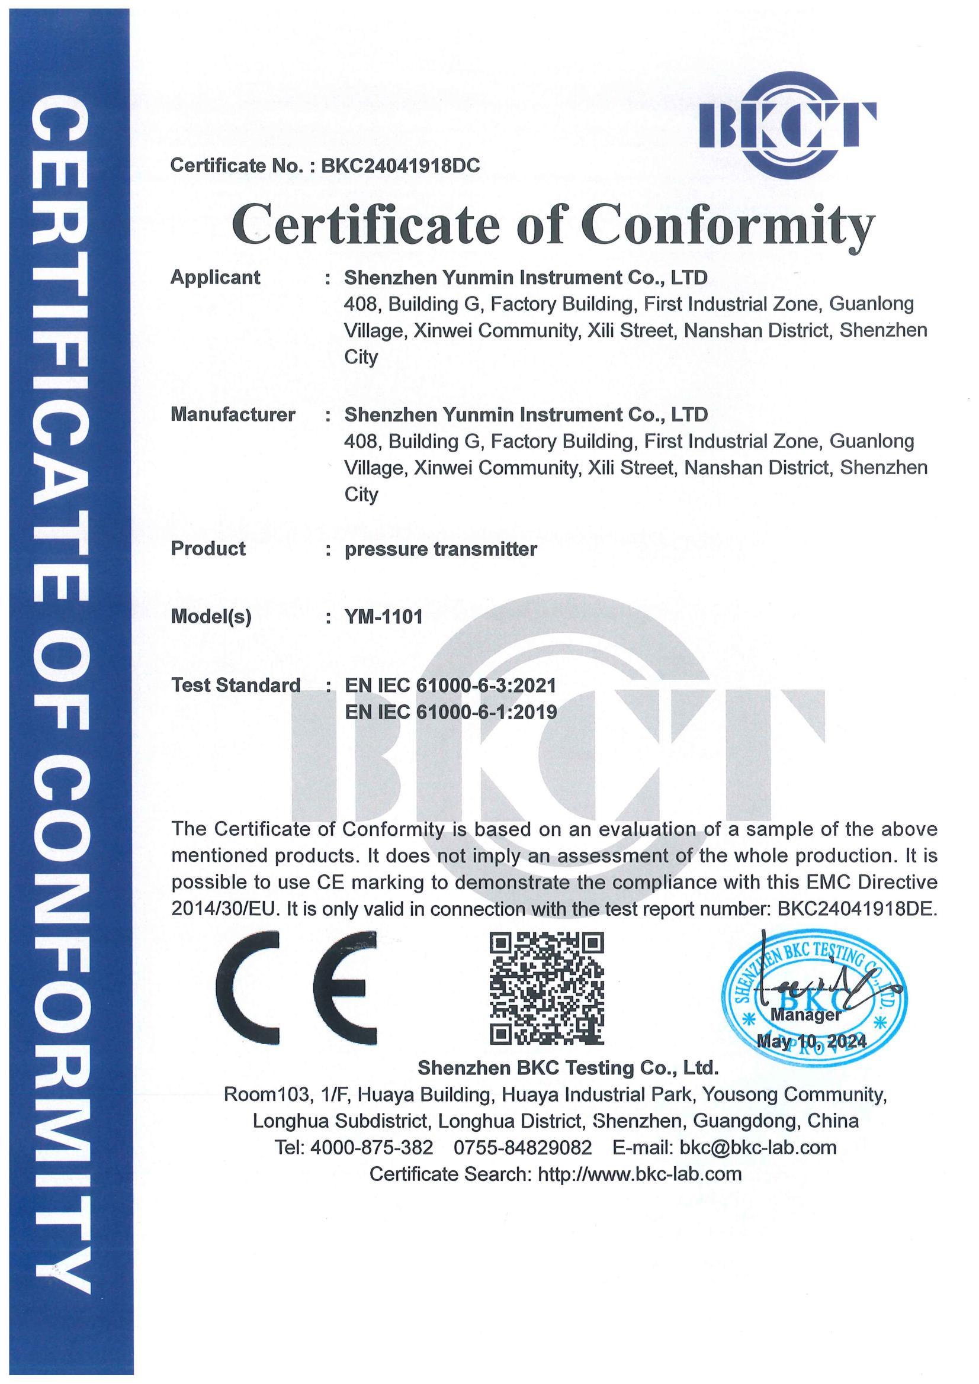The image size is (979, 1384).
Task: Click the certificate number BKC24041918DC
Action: click(400, 166)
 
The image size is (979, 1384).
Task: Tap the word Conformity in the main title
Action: click(727, 224)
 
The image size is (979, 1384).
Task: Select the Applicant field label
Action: click(216, 277)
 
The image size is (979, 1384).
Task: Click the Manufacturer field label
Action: click(233, 415)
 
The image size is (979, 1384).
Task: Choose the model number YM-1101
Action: click(384, 617)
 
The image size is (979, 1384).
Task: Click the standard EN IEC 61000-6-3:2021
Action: click(450, 685)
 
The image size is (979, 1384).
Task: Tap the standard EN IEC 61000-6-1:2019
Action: click(450, 713)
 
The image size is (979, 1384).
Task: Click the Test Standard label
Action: click(236, 685)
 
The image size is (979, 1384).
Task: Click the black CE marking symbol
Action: click(296, 989)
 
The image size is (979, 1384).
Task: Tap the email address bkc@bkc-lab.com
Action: click(757, 1147)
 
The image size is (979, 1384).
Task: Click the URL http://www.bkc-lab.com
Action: click(640, 1174)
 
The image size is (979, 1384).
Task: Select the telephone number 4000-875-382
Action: click(371, 1147)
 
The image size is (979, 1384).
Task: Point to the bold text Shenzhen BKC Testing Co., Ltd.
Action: click(568, 1068)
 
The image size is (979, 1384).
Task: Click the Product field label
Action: click(208, 549)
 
